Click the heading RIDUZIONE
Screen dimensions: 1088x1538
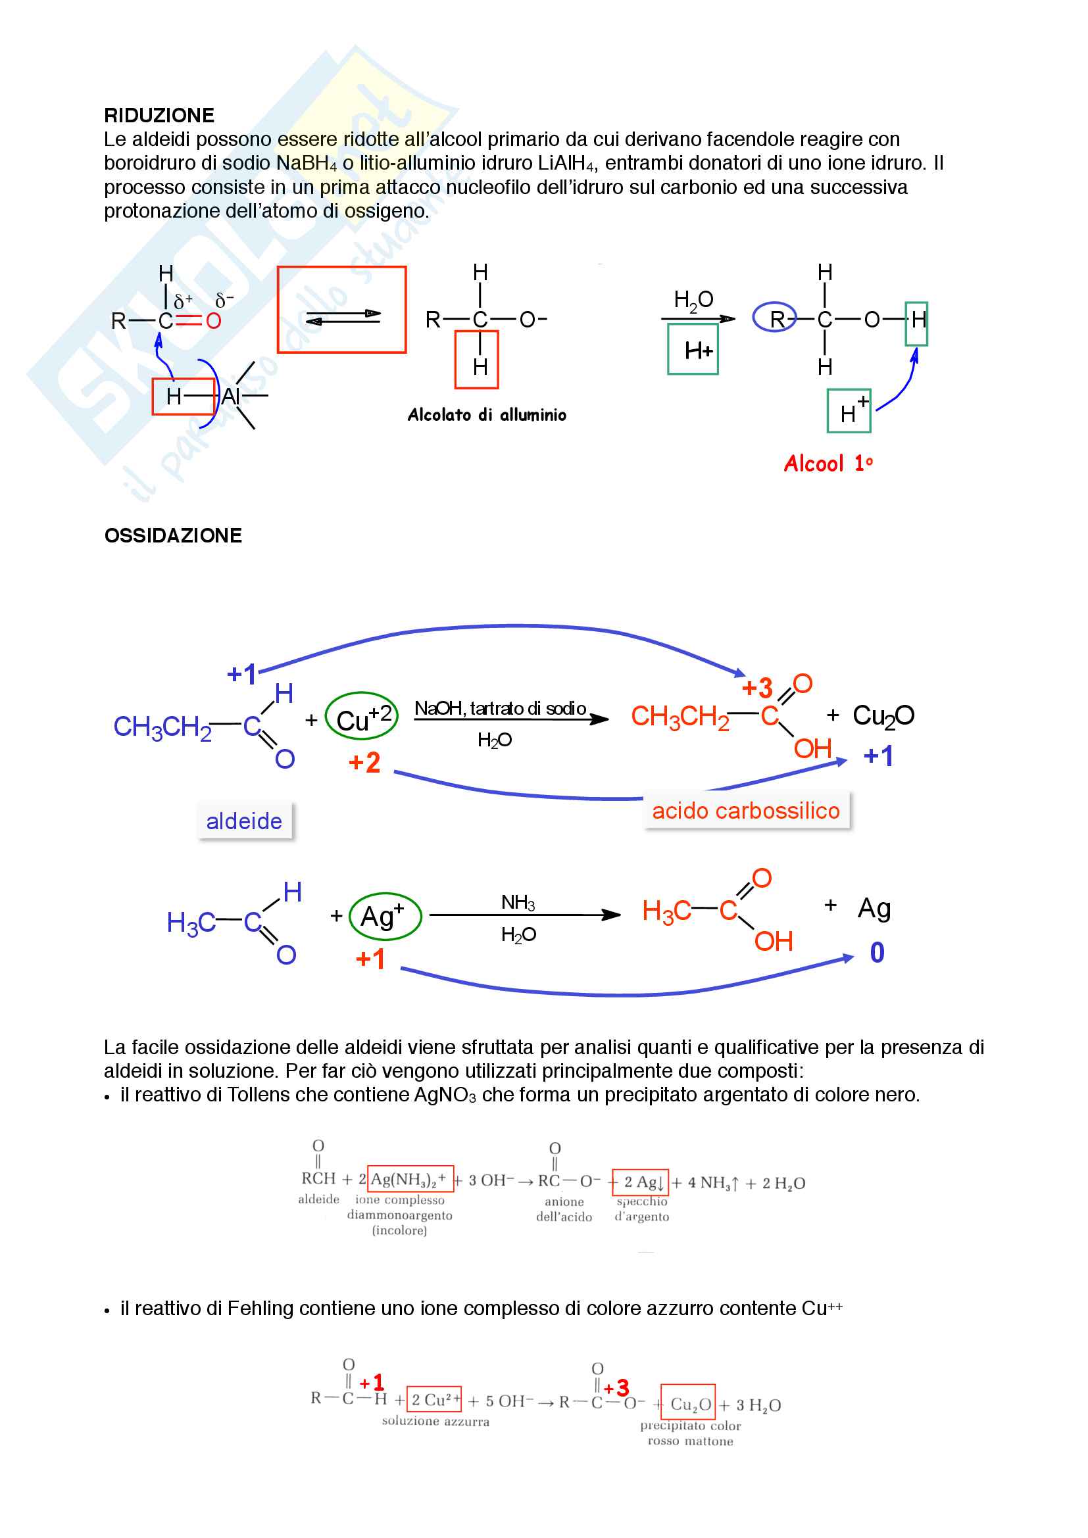pos(159,115)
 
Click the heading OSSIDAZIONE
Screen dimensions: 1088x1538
pos(173,535)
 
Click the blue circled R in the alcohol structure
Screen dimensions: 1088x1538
pos(754,318)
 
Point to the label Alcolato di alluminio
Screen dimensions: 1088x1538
pos(487,415)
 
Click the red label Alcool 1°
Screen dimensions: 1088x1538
pos(829,464)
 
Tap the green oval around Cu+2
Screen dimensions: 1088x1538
pos(326,715)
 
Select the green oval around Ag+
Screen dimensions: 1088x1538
pos(351,916)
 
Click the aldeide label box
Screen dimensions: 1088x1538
pos(245,821)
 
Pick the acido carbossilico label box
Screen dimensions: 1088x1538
pos(747,811)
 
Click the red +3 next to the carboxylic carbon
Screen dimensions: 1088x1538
pos(757,688)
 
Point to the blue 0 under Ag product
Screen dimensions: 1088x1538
pos(877,953)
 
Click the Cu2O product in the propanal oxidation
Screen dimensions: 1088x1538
pos(883,716)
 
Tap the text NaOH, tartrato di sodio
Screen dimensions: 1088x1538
pos(501,708)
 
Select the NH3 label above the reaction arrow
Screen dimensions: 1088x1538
pos(518,903)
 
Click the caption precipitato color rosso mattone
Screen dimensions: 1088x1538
pos(691,1433)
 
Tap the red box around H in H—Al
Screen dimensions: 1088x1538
pos(153,397)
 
